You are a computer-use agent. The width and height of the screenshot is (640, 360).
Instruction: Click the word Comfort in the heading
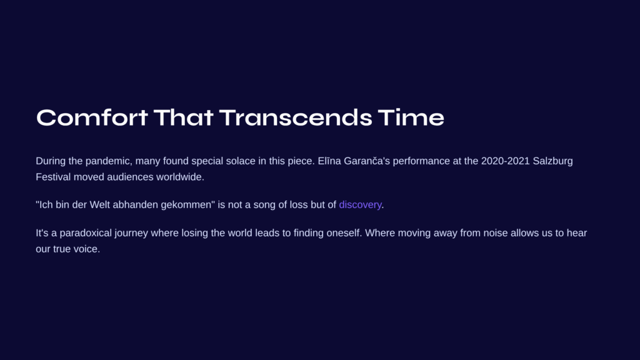click(92, 117)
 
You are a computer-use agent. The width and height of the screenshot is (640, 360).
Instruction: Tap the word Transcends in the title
click(296, 117)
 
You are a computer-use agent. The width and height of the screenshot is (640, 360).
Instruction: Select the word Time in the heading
click(411, 117)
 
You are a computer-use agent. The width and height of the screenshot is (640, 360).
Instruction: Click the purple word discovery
click(360, 204)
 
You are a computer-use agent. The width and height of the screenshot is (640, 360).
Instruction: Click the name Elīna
click(329, 161)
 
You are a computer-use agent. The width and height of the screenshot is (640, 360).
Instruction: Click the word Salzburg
click(552, 161)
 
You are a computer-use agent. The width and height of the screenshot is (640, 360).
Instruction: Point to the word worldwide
click(180, 177)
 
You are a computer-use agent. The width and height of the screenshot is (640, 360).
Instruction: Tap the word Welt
click(99, 204)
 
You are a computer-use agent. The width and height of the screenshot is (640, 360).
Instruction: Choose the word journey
click(131, 233)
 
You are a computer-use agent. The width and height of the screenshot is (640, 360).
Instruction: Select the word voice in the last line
click(87, 249)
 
